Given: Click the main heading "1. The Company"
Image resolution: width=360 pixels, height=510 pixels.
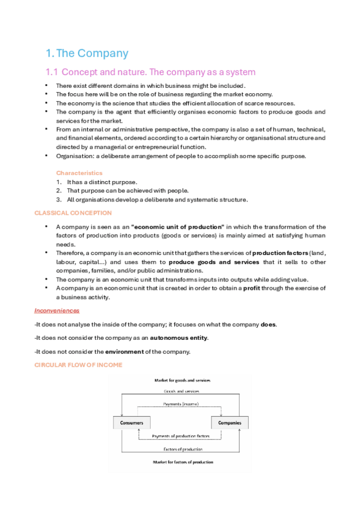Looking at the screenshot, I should [87, 53].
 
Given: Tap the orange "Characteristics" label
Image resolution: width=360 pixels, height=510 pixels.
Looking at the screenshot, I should [79, 173].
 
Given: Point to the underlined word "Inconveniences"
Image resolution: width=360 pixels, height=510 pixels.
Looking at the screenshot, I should [57, 310].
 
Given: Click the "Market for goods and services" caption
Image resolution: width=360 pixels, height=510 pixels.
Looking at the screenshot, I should [177, 380].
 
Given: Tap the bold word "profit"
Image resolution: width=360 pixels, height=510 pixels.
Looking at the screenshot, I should [252, 288].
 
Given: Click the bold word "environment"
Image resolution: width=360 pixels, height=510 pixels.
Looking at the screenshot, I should [127, 351].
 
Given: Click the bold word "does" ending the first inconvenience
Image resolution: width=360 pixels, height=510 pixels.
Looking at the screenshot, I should [269, 324].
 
